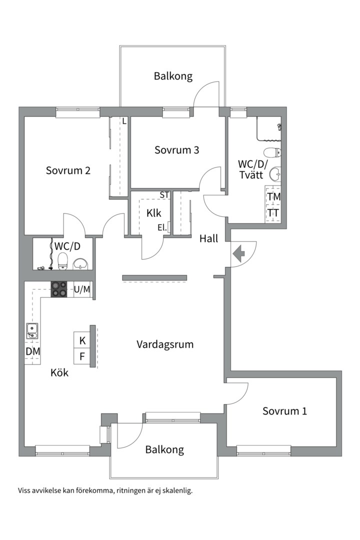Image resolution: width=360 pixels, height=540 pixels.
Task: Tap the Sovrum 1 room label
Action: coord(284,411)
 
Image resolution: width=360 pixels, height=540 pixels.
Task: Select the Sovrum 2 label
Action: coord(68,170)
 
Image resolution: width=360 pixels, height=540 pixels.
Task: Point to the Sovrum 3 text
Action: coord(176,150)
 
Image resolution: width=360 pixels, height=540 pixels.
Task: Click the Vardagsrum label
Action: coord(165,344)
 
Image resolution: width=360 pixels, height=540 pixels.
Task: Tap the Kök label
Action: coord(59,372)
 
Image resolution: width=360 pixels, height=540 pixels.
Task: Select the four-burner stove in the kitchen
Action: coord(59,289)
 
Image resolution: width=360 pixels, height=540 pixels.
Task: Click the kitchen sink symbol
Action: coord(32,330)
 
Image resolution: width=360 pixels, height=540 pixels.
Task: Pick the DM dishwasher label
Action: coord(32,351)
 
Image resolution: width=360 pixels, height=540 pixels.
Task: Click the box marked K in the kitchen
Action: coord(82,340)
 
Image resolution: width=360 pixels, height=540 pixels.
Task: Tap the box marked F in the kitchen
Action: coord(82,357)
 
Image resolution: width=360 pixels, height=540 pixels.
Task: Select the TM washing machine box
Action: coord(273,197)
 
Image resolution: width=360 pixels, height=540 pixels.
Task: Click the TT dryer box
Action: coord(273,213)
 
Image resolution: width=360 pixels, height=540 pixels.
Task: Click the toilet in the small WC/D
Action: coord(63,260)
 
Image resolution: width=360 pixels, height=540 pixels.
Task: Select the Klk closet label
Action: coord(153,213)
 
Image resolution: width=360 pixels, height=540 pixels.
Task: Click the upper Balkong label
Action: coord(173,76)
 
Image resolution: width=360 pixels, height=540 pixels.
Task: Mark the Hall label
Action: coord(208,239)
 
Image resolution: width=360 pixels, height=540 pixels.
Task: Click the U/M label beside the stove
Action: coord(82,289)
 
